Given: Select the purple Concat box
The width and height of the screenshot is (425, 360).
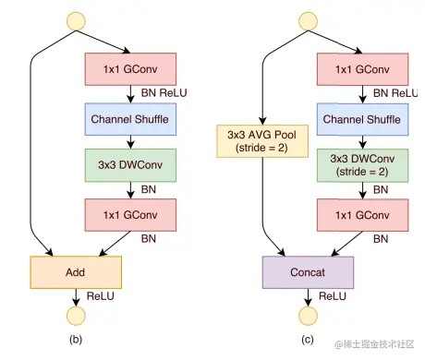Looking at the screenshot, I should (307, 272).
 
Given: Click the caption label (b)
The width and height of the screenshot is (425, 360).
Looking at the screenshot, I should (77, 341).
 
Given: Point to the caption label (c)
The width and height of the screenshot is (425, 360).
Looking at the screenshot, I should (307, 341).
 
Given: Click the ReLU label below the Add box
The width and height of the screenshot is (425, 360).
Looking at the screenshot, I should (100, 296).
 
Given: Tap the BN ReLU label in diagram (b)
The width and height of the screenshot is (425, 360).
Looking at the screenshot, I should (160, 93).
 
